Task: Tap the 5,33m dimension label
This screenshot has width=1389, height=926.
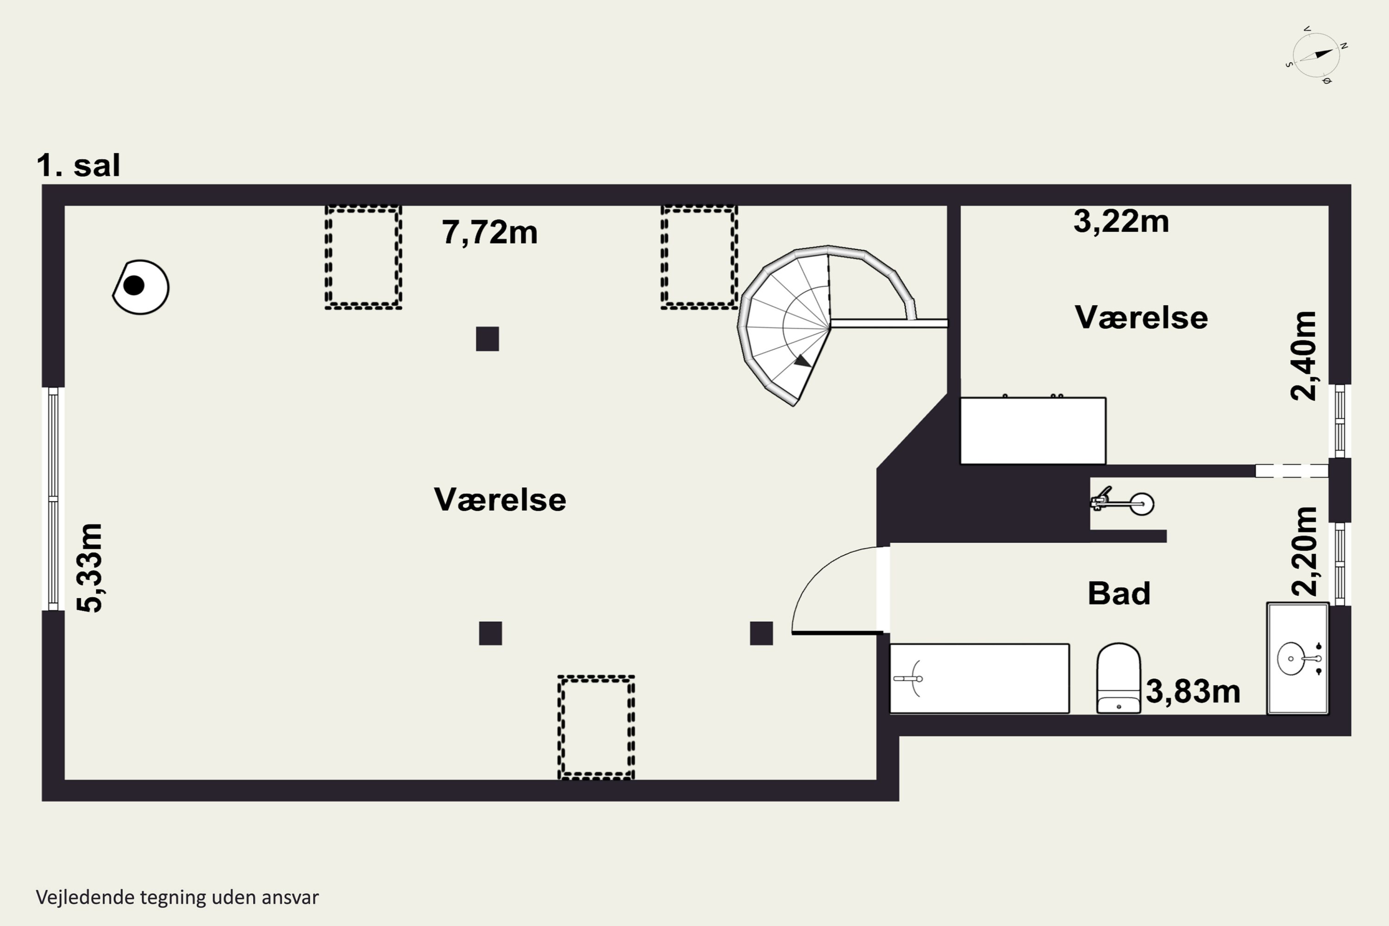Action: [x=90, y=568]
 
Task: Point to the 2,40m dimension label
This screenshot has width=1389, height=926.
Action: [x=1304, y=356]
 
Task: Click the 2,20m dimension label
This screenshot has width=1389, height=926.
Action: [x=1304, y=551]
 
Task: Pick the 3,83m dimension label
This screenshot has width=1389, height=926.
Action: [x=1193, y=692]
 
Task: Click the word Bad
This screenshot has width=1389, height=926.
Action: [x=1119, y=594]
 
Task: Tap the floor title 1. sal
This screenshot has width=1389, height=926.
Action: [x=79, y=165]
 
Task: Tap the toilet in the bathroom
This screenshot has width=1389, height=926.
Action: [x=1119, y=678]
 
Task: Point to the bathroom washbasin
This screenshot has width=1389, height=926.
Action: [x=1297, y=658]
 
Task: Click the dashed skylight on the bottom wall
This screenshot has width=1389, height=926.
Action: [x=596, y=727]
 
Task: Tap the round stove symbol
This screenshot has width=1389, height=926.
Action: [x=141, y=287]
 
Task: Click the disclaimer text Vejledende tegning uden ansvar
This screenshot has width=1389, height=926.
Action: [x=177, y=898]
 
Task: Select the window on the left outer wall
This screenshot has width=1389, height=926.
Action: [x=53, y=499]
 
